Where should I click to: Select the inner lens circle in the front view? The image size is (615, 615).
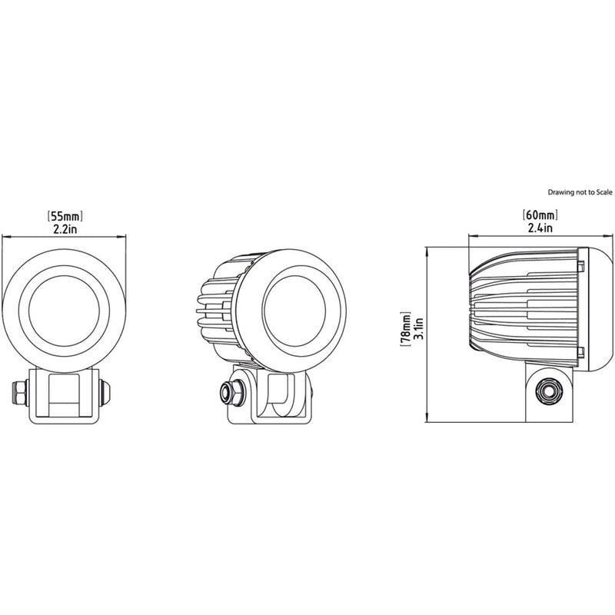point(65,307)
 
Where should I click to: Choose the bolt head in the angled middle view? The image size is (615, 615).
point(227,392)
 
